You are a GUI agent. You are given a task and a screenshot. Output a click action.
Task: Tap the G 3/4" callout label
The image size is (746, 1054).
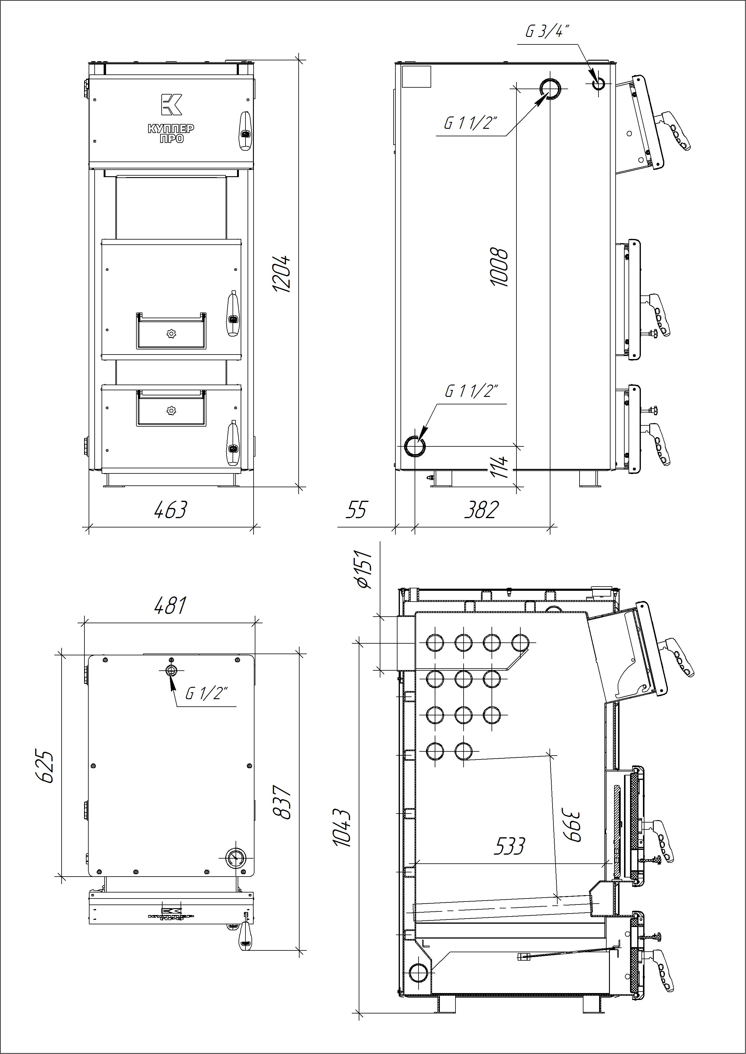(x=547, y=32)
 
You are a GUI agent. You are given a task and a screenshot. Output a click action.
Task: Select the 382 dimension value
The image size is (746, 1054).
(x=481, y=510)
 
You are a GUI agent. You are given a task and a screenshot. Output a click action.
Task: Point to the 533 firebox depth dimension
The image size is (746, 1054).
(x=509, y=846)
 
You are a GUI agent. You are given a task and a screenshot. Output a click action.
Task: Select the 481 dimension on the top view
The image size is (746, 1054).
(x=170, y=606)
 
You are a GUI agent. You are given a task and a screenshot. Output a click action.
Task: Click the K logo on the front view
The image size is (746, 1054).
(x=171, y=104)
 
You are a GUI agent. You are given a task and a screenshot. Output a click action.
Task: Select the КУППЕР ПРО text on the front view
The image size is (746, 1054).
(x=171, y=133)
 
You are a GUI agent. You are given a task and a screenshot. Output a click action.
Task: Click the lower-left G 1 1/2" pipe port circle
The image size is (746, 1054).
(x=414, y=446)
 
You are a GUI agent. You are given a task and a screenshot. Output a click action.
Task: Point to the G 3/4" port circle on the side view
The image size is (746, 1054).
(x=598, y=83)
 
